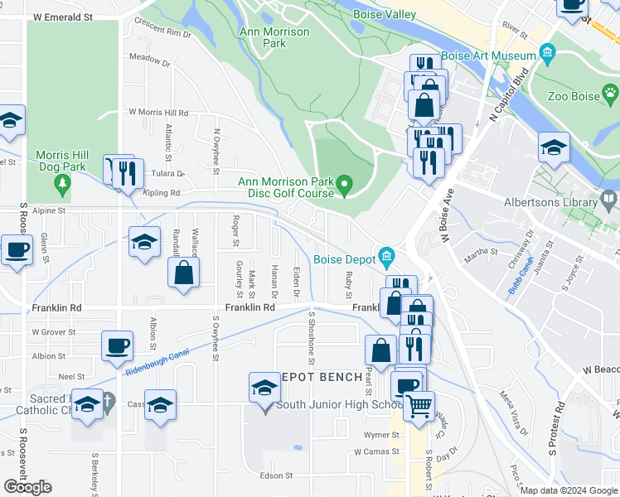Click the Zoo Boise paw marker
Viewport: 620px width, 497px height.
(610, 92)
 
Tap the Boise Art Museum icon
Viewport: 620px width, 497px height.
(547, 55)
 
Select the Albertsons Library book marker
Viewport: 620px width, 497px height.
(609, 199)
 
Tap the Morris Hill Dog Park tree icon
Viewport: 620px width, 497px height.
(61, 188)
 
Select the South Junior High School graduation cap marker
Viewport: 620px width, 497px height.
(264, 387)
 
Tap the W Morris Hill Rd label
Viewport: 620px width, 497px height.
(158, 113)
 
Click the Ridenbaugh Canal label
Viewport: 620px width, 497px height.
(157, 361)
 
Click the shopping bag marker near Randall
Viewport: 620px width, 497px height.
(183, 273)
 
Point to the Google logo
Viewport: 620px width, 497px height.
(27, 487)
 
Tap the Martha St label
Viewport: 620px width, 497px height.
(481, 252)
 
